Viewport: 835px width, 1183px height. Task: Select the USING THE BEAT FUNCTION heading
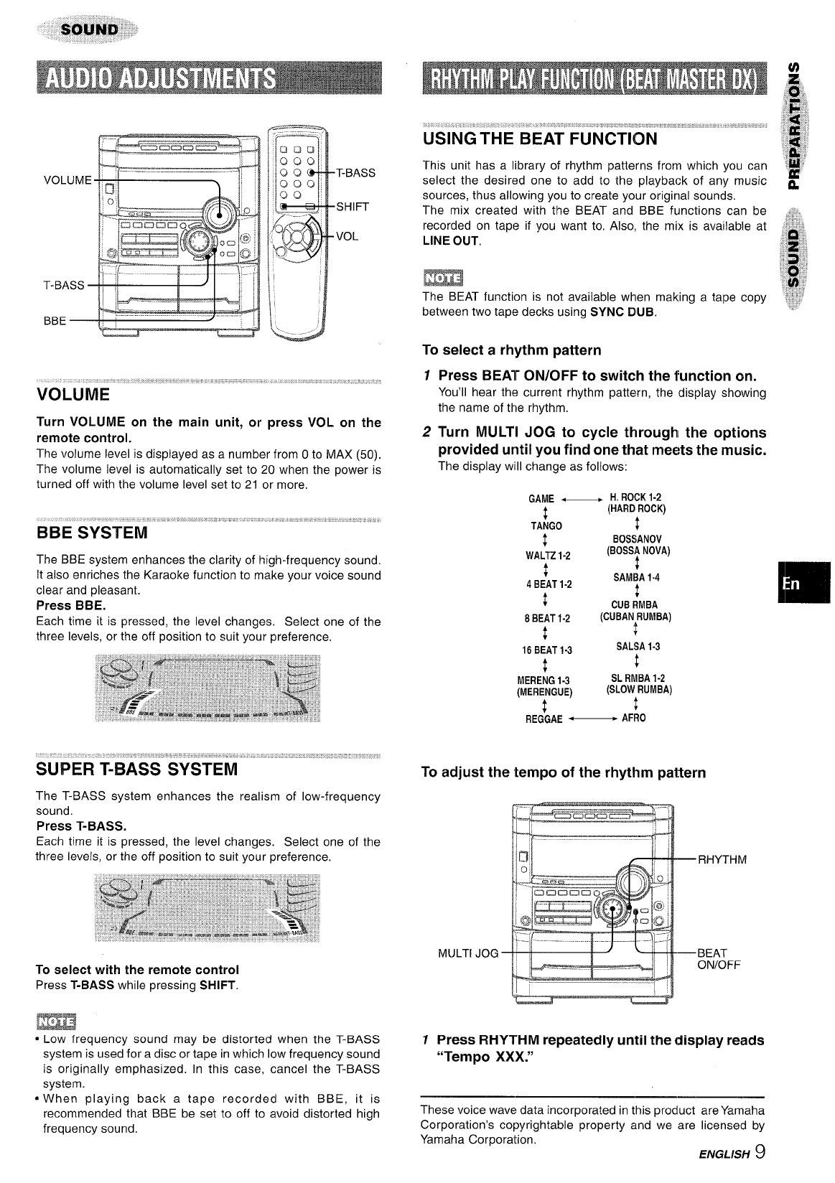pyautogui.click(x=539, y=139)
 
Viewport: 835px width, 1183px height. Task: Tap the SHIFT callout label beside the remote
pyautogui.click(x=353, y=207)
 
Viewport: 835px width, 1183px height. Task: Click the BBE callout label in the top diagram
pyautogui.click(x=55, y=320)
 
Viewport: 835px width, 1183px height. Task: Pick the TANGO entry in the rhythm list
pyautogui.click(x=546, y=526)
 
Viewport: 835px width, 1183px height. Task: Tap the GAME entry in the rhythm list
pyautogui.click(x=541, y=499)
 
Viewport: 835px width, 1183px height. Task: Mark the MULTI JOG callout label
pyautogui.click(x=467, y=953)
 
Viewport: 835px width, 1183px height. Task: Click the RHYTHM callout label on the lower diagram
pyautogui.click(x=722, y=860)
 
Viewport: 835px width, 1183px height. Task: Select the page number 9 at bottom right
pyautogui.click(x=759, y=1153)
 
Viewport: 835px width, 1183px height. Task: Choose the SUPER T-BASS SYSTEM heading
pyautogui.click(x=136, y=770)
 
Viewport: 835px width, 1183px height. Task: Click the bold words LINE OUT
pyautogui.click(x=450, y=241)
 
